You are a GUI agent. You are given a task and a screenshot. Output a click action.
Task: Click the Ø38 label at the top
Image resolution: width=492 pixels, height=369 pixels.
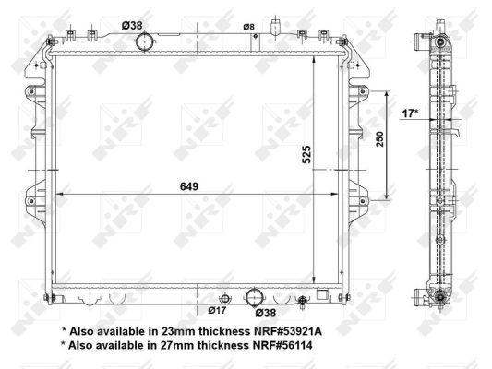tap(134, 26)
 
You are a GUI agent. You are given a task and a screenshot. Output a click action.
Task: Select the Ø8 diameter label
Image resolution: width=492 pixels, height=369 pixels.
tap(248, 26)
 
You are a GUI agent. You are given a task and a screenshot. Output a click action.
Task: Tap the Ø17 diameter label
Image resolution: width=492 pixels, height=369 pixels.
tap(218, 311)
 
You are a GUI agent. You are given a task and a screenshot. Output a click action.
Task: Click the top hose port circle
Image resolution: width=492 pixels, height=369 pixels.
tap(145, 42)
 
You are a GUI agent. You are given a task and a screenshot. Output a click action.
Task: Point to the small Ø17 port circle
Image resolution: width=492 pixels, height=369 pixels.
tap(222, 297)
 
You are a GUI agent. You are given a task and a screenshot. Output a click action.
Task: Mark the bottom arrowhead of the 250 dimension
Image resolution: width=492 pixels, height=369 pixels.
tap(386, 196)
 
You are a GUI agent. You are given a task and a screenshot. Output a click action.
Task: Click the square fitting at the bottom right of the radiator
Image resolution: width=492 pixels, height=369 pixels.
tap(322, 295)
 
